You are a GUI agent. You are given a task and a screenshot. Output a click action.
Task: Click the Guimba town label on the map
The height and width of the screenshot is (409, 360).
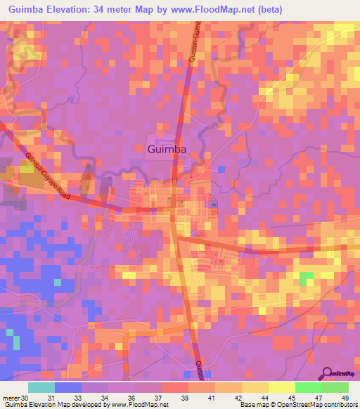[x=167, y=149]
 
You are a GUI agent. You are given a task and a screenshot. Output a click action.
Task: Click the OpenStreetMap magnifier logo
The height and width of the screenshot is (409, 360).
[x=327, y=373]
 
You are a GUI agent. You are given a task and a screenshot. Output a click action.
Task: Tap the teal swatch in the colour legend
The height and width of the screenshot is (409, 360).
[x=41, y=387]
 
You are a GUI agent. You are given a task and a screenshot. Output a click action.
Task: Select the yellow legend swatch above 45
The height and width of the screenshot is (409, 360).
[x=281, y=387]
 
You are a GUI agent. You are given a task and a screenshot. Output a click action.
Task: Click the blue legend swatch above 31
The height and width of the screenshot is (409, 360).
[x=67, y=387]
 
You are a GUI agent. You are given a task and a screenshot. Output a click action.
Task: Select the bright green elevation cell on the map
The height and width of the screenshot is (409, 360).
[x=306, y=278]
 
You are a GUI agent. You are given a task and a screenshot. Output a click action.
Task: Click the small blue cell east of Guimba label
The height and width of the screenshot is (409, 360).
[x=221, y=169]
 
